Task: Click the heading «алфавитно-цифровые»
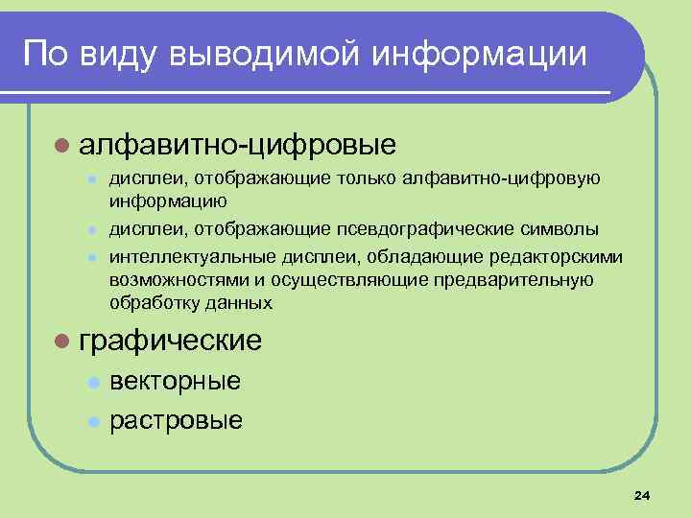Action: click(238, 146)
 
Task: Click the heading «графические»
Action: click(171, 340)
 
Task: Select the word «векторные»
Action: click(175, 381)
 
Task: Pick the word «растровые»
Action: click(176, 420)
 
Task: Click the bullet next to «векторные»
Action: click(92, 382)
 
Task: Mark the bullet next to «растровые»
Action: click(92, 421)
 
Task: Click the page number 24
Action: click(642, 495)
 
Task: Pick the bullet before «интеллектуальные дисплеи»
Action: click(92, 257)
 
